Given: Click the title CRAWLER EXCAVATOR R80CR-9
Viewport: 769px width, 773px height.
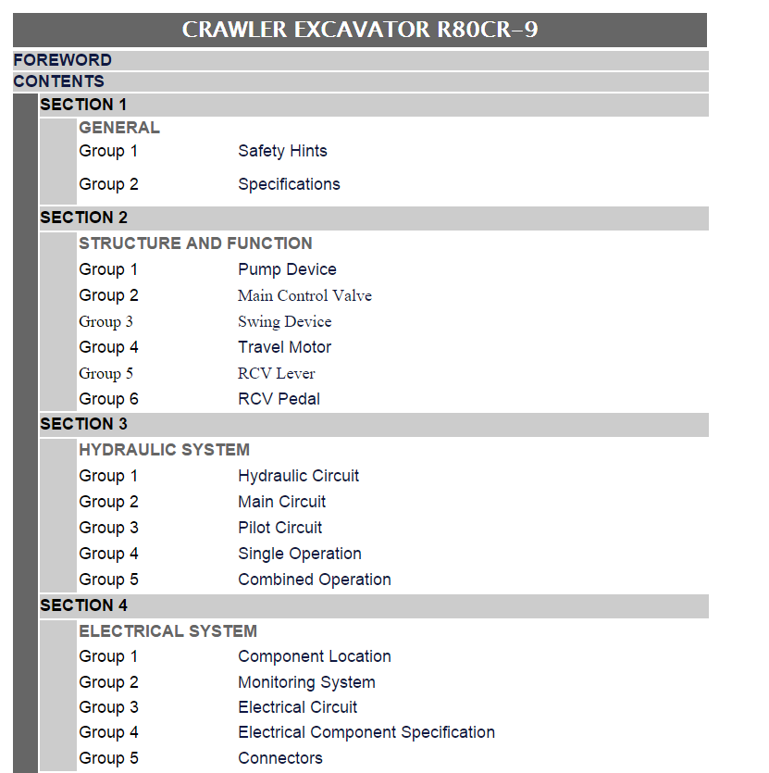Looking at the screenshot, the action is [360, 30].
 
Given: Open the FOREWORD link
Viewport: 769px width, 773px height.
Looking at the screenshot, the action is [63, 60].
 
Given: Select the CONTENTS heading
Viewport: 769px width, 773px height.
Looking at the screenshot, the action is [58, 81].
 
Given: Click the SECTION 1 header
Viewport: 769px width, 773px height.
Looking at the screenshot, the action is [83, 105].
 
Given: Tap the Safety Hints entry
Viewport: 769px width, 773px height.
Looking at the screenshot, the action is [282, 151].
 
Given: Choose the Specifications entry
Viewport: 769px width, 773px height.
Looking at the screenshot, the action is [289, 184].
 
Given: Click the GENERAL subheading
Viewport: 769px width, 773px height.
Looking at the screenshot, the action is [119, 128].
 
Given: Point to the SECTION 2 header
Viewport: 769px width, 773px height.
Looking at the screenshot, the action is [84, 218].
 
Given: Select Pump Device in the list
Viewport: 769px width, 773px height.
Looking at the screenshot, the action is [288, 269].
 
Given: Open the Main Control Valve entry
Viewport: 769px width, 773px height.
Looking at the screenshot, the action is [304, 296].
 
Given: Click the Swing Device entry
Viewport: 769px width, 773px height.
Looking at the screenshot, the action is [285, 322].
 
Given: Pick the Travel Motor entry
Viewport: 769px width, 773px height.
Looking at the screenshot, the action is [285, 347].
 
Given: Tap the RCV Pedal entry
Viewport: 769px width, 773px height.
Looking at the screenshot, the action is [279, 399].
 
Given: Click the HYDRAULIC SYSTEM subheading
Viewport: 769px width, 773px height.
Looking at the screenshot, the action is [164, 450].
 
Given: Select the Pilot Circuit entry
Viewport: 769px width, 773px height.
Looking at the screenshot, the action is [280, 528].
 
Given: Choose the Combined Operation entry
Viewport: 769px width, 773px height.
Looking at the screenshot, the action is [315, 580].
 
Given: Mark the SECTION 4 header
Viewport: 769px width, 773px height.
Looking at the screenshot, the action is [84, 605].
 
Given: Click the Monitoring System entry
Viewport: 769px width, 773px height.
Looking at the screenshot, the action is [306, 683].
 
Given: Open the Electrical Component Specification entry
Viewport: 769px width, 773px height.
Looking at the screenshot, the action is [366, 732].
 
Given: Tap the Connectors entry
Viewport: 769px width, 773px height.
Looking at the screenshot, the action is [280, 758].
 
